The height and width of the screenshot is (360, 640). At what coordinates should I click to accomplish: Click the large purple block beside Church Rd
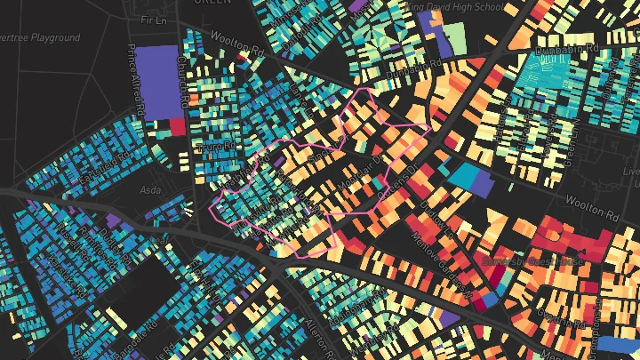coord(159,81)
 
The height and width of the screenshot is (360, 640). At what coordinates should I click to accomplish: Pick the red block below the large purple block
coord(177,127)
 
